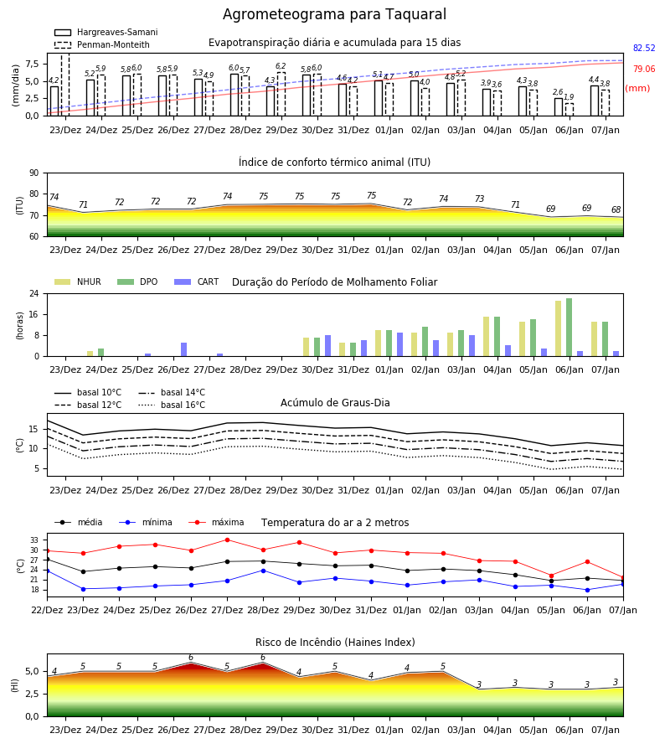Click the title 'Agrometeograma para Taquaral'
[x=334, y=14]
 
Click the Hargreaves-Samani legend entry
[x=106, y=32]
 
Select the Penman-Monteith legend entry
[x=102, y=44]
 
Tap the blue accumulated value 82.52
[x=644, y=48]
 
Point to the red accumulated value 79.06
[x=644, y=69]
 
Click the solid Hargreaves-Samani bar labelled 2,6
[x=559, y=106]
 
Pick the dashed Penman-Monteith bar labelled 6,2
[x=281, y=94]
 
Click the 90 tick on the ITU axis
[x=34, y=173]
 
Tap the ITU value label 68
[x=616, y=209]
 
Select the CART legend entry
[x=197, y=281]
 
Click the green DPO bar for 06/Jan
[x=569, y=328]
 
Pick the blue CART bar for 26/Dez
[x=183, y=349]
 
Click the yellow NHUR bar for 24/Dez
[x=90, y=354]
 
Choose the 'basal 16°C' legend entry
[x=172, y=405]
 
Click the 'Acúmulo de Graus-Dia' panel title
[x=335, y=403]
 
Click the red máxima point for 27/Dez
[x=227, y=540]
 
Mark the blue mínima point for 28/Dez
[x=263, y=571]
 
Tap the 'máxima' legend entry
[x=216, y=522]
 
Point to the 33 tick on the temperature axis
[x=34, y=540]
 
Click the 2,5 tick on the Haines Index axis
[x=32, y=694]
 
